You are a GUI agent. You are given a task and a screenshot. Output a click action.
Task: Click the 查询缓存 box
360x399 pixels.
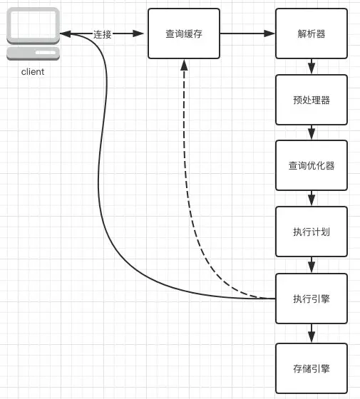(x=184, y=33)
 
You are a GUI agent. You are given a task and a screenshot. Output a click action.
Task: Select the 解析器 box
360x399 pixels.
(x=312, y=33)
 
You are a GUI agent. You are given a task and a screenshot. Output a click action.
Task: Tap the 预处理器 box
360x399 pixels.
(x=312, y=100)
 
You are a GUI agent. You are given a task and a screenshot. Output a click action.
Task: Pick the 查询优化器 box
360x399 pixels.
(x=312, y=165)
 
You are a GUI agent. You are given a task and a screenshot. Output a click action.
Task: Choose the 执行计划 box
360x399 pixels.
(x=312, y=232)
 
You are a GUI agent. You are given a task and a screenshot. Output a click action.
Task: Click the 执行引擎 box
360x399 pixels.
(x=312, y=298)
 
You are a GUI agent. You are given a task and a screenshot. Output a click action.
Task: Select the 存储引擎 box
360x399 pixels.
(x=312, y=368)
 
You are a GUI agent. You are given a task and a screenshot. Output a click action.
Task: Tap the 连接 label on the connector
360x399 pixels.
(x=103, y=34)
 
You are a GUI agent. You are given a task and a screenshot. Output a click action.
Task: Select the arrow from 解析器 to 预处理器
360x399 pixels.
(x=312, y=66)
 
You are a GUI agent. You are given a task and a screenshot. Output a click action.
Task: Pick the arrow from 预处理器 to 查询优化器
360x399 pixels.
(x=312, y=133)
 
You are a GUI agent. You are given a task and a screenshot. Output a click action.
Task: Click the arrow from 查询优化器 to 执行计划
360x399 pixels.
(x=312, y=199)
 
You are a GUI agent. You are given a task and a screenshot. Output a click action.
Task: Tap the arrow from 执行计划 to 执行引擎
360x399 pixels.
(x=312, y=264)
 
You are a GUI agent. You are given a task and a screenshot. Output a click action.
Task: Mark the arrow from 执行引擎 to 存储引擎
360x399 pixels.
(x=312, y=333)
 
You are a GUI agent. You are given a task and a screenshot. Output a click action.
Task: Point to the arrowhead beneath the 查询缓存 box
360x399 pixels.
(x=185, y=65)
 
